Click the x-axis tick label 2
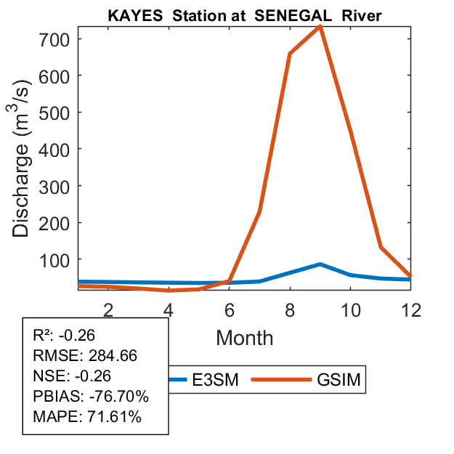108,309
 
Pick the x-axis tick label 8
290,309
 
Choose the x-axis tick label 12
411,309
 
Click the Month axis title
245,338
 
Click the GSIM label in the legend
339,380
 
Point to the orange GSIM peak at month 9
320,26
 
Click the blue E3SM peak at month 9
320,264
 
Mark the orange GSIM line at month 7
259,211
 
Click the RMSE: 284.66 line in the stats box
85,356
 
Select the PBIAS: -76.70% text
91,397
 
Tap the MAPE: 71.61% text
87,417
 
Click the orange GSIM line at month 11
381,247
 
